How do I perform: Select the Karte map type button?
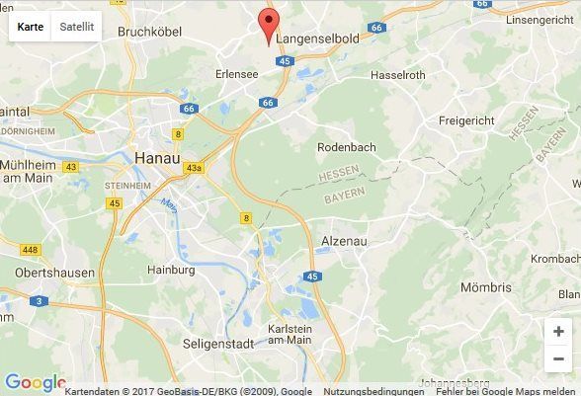(31, 27)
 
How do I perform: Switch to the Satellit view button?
(76, 27)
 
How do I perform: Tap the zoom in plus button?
(559, 333)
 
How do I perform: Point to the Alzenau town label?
(344, 241)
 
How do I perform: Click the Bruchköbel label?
(150, 32)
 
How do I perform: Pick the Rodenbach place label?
(345, 147)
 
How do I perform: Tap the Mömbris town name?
(485, 287)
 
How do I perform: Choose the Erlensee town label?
(238, 74)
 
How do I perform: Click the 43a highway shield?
(193, 169)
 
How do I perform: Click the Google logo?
(34, 383)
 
